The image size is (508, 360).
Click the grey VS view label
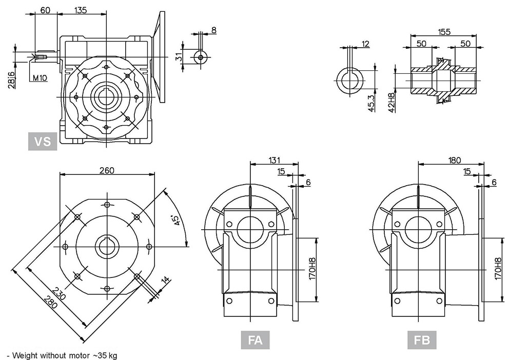click(x=43, y=142)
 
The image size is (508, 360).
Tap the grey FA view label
click(x=255, y=340)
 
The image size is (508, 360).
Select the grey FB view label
click(x=422, y=340)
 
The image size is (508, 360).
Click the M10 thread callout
click(x=40, y=78)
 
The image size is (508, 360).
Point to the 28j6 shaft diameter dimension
click(x=12, y=79)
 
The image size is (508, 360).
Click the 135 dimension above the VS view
click(x=81, y=10)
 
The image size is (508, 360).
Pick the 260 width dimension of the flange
click(x=107, y=170)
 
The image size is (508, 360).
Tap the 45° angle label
click(x=176, y=220)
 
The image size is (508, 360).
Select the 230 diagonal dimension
click(x=59, y=293)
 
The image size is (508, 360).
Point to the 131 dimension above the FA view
click(x=274, y=160)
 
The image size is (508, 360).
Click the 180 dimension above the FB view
click(x=454, y=160)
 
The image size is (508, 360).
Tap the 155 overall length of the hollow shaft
click(x=444, y=32)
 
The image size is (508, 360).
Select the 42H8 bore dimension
click(x=392, y=103)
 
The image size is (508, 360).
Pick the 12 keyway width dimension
click(x=365, y=44)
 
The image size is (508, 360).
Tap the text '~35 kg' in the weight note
click(x=105, y=355)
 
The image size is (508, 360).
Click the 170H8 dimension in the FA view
click(x=311, y=269)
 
